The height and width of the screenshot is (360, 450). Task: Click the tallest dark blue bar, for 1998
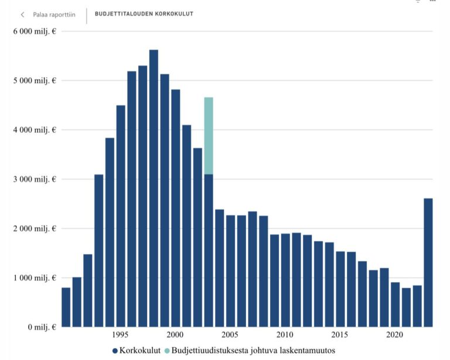pyautogui.click(x=154, y=187)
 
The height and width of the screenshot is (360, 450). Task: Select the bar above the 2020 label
pyautogui.click(x=396, y=304)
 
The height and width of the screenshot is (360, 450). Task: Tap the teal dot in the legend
pyautogui.click(x=167, y=350)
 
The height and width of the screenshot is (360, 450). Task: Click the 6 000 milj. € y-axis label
pyautogui.click(x=35, y=31)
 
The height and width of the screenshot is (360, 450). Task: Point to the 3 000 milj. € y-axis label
pyautogui.click(x=35, y=179)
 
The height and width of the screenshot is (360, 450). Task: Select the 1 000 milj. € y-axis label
pyautogui.click(x=35, y=277)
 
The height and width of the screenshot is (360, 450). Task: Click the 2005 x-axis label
pyautogui.click(x=230, y=335)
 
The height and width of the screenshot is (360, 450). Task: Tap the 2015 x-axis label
pyautogui.click(x=340, y=335)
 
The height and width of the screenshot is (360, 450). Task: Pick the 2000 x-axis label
pyautogui.click(x=175, y=335)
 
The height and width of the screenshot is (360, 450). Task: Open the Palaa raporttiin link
pyautogui.click(x=54, y=15)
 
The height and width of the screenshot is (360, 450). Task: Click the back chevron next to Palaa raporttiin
pyautogui.click(x=23, y=15)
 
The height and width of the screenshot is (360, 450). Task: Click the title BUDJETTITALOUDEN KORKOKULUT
pyautogui.click(x=144, y=13)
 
